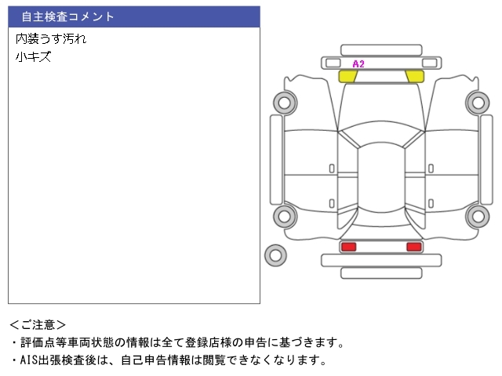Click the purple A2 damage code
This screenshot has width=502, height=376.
358,64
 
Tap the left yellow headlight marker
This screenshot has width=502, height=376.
347,77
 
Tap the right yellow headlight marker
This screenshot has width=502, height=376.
415,77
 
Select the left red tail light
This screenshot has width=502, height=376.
348,247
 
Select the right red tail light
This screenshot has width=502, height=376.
414,247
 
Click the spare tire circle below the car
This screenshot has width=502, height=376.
275,255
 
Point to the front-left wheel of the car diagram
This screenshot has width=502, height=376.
285,103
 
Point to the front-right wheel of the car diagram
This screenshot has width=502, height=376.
478,103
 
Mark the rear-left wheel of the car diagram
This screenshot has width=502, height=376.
285,216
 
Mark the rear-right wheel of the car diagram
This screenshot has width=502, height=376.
478,216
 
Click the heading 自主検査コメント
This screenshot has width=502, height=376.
67,16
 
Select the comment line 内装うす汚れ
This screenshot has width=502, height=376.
51,38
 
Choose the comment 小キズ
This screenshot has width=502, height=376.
33,57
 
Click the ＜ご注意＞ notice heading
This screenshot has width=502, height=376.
38,325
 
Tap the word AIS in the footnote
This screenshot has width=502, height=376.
29,360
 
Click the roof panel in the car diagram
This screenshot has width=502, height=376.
381,178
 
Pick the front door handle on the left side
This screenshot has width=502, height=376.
332,168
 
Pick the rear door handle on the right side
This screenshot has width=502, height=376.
431,204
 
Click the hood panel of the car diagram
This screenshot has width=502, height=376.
381,106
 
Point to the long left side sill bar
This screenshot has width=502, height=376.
276,160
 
